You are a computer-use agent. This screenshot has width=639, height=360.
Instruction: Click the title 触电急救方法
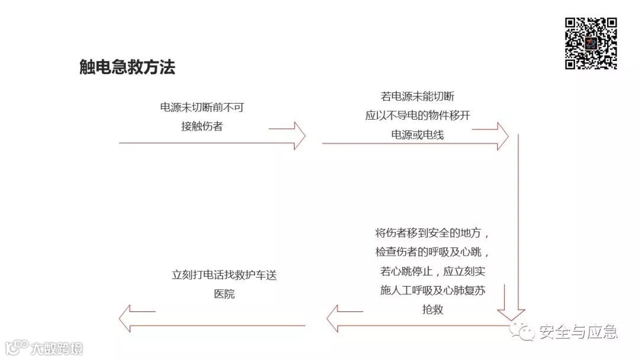point(127,67)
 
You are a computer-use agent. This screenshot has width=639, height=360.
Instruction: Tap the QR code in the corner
point(590,43)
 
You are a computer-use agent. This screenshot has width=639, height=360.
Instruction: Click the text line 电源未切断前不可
point(202,107)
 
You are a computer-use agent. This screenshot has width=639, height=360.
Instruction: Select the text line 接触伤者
point(202,126)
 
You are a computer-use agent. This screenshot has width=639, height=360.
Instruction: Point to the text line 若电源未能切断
point(418,97)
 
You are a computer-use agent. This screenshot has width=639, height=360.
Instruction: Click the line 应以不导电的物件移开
point(418,115)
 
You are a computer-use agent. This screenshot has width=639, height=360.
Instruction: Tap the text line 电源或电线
point(418,134)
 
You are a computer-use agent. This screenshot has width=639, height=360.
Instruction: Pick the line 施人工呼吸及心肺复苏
point(434,290)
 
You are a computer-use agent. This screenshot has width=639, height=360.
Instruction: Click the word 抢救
point(433,309)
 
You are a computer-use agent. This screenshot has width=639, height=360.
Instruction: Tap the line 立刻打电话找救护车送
point(224,275)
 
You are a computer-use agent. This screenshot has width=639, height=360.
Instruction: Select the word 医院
point(224,294)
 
